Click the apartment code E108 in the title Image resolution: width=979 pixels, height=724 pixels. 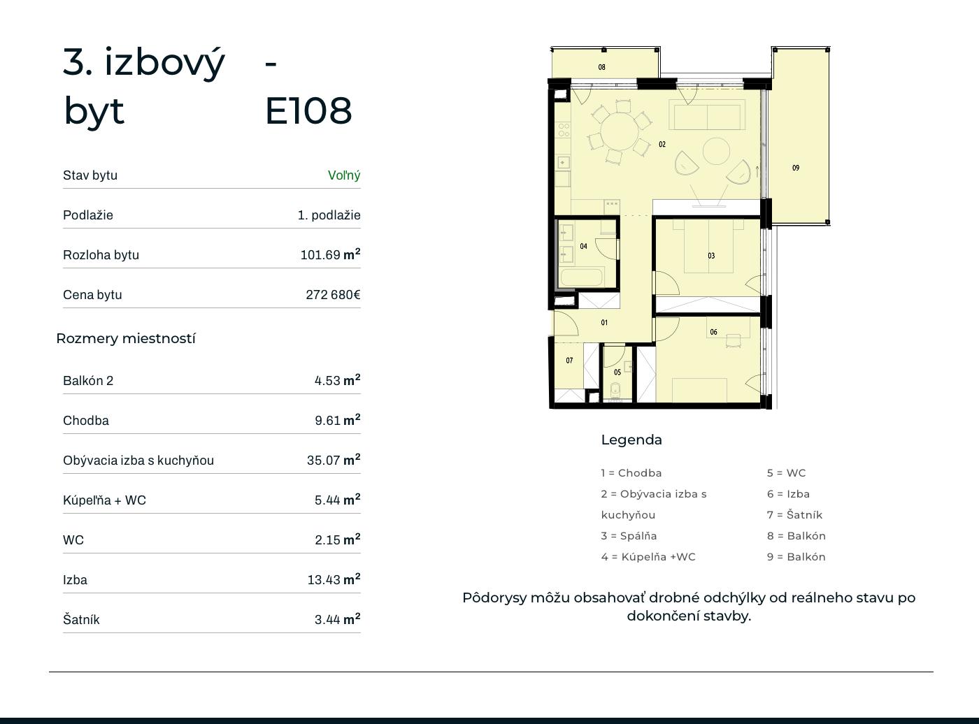click(308, 110)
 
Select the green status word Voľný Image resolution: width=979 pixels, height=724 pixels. click(344, 175)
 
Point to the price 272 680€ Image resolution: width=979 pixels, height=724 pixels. click(334, 294)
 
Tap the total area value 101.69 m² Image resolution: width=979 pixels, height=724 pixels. click(330, 254)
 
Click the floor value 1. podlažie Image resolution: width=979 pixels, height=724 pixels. click(329, 215)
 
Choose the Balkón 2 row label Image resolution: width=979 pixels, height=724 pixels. click(88, 380)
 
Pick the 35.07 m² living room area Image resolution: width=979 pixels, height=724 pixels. click(334, 460)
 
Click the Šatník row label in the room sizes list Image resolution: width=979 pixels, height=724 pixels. click(81, 619)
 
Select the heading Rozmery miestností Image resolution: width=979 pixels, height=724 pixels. click(126, 338)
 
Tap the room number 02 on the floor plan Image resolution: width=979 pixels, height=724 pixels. click(662, 144)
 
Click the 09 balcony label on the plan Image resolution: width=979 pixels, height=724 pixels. click(796, 168)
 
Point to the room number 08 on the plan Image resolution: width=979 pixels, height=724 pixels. click(601, 67)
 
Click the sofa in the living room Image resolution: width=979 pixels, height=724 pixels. click(707, 115)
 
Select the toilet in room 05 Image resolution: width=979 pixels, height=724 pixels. click(616, 390)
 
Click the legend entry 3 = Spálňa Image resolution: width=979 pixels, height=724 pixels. click(629, 535)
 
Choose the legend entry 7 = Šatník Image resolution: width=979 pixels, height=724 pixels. click(794, 514)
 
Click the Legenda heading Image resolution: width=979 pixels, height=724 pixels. click(631, 440)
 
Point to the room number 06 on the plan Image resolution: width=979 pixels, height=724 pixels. click(714, 332)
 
